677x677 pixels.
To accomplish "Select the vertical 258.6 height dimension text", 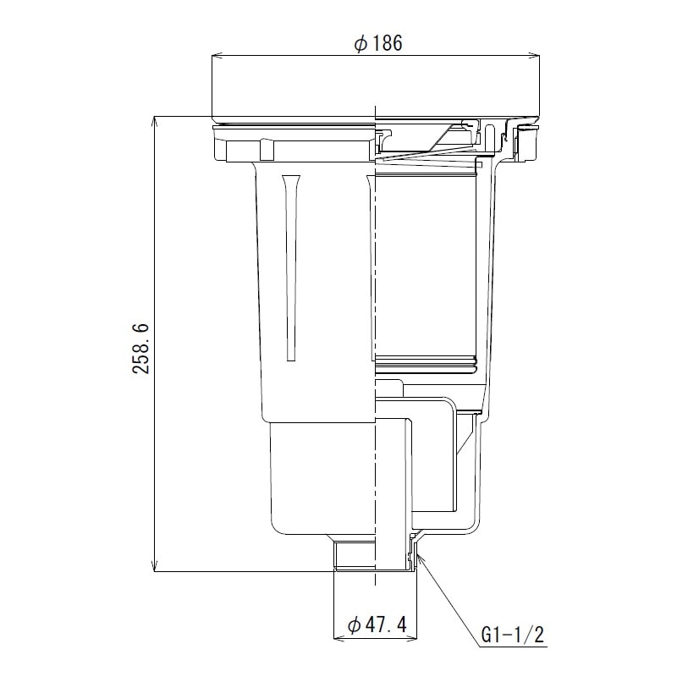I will [x=142, y=347].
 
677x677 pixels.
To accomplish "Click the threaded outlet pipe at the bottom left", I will [x=351, y=557].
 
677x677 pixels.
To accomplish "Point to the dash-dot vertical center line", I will [x=373, y=338].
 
